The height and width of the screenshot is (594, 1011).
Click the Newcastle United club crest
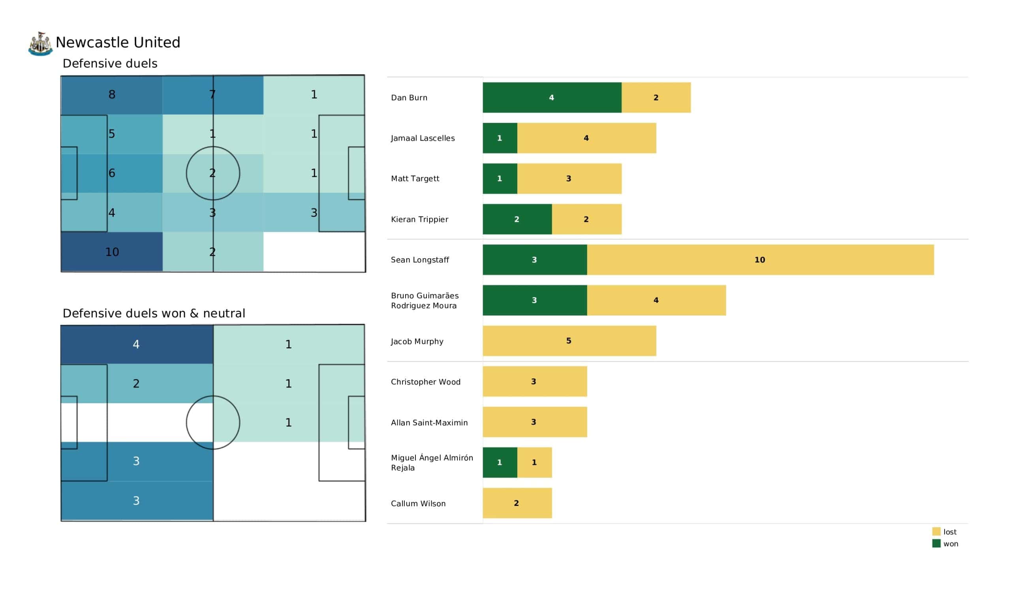(40, 43)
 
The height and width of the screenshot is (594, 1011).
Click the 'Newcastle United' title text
(118, 43)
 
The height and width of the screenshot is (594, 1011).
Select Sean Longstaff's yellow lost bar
(760, 259)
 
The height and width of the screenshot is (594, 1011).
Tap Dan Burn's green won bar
(552, 98)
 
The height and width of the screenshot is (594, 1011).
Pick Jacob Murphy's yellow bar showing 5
(569, 341)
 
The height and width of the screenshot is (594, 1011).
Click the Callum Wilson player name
(418, 504)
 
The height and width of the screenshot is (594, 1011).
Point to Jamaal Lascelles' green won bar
(500, 138)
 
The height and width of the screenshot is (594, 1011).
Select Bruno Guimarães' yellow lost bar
(656, 300)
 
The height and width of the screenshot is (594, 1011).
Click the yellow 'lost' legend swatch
(936, 532)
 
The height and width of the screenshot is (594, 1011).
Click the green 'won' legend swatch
(936, 544)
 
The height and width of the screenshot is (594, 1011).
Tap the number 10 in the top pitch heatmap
(112, 252)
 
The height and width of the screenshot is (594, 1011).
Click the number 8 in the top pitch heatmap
(112, 95)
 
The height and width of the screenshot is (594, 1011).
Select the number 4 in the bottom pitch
(136, 344)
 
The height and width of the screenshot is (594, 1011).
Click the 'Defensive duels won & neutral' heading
(154, 314)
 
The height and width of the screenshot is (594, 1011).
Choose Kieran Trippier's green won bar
(517, 219)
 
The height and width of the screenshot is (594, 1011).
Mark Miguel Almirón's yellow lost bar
(534, 462)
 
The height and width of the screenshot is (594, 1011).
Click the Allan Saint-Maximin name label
(429, 423)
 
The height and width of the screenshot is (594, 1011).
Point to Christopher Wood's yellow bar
(534, 381)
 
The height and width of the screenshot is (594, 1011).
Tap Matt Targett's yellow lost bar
(569, 179)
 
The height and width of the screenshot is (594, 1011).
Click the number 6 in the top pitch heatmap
(112, 173)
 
